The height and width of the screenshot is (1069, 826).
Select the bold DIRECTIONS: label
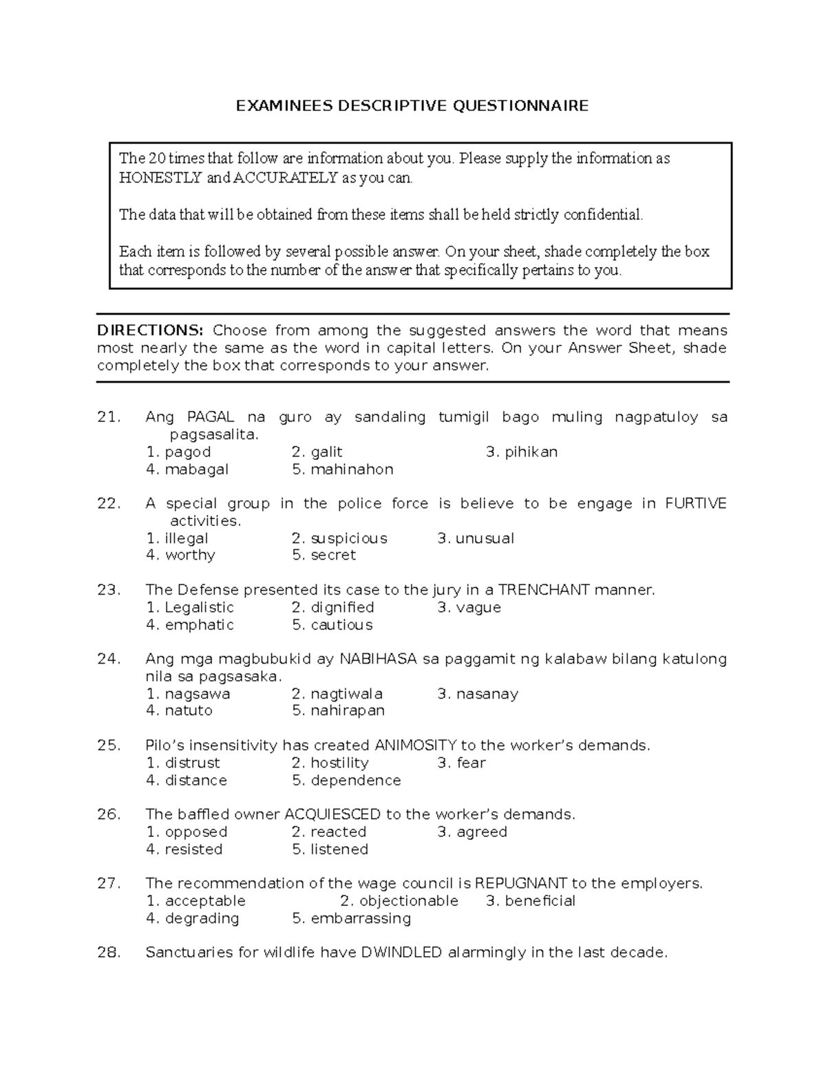[x=150, y=330]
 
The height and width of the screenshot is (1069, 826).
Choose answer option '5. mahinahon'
[x=342, y=469]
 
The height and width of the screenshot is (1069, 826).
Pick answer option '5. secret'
[x=324, y=555]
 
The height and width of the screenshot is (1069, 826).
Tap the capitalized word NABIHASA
[x=378, y=659]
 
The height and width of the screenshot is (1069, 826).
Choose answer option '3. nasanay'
[x=478, y=694]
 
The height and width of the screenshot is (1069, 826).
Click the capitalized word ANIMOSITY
[x=415, y=745]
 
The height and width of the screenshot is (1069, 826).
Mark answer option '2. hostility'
[x=330, y=763]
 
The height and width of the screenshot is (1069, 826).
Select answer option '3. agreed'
[x=472, y=832]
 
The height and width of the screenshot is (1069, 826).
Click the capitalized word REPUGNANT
[x=521, y=883]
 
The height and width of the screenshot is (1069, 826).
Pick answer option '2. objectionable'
[x=399, y=901]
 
